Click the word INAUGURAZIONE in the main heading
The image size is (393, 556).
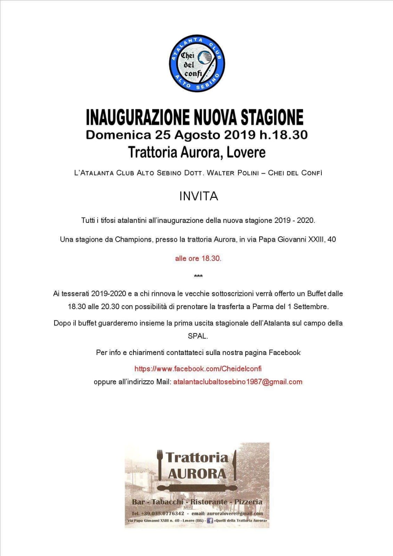click(138, 117)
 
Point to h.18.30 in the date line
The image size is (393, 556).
click(283, 135)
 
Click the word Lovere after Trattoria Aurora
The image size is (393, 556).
click(246, 152)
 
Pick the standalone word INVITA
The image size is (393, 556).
click(198, 196)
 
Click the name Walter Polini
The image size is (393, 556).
click(232, 173)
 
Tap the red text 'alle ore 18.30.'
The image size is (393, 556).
click(198, 258)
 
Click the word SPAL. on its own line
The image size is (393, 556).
click(198, 336)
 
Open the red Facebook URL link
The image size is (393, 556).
click(198, 369)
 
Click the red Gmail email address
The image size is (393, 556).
click(238, 382)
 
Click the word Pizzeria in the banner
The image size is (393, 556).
click(248, 502)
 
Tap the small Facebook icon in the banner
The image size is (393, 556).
click(210, 521)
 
